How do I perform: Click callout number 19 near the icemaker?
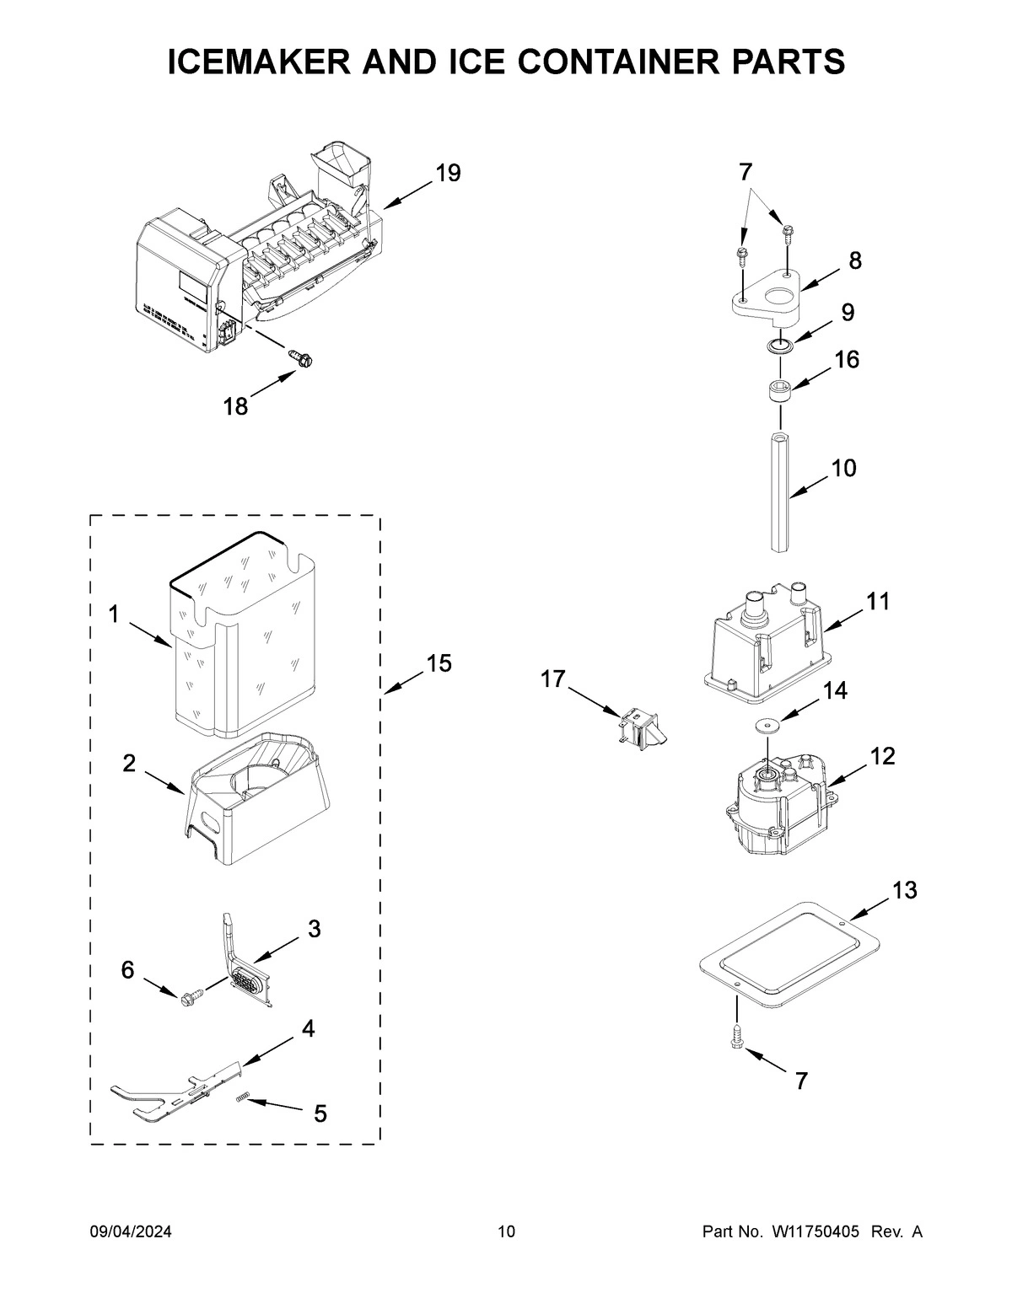pos(448,174)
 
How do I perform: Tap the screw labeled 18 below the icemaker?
pos(302,358)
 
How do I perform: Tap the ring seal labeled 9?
pos(781,345)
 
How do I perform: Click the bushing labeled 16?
pos(781,392)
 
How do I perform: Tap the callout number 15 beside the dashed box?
pos(439,663)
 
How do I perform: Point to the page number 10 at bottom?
pos(506,1232)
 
